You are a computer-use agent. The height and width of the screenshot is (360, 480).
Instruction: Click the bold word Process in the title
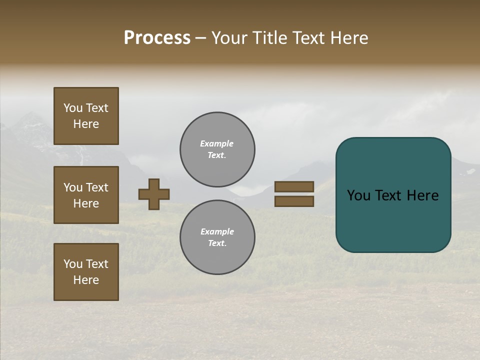[157, 38]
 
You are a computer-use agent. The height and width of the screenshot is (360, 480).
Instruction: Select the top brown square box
[86, 116]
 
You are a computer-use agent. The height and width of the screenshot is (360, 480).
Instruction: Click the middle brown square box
[86, 195]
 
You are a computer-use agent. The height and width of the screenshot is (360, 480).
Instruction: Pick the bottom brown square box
[86, 272]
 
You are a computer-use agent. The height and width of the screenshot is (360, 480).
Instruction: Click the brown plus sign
[154, 194]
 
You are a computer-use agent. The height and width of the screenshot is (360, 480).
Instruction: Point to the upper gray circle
[217, 149]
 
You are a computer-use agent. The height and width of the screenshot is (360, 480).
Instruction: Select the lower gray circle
[217, 237]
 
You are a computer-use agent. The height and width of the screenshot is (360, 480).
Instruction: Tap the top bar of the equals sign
[294, 186]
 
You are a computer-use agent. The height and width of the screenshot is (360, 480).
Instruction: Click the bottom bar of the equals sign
[294, 201]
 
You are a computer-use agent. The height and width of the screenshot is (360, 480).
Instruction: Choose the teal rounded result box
[393, 195]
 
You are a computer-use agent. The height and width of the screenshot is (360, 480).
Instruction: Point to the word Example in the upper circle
[216, 144]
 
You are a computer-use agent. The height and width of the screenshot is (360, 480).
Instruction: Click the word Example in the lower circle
[217, 232]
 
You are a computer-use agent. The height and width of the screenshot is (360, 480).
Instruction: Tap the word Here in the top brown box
[86, 124]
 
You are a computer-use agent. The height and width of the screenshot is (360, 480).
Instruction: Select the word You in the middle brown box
[72, 187]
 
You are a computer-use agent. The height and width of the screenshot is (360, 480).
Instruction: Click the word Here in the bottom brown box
[86, 280]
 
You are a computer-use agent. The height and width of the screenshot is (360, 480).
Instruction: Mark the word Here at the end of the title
[349, 38]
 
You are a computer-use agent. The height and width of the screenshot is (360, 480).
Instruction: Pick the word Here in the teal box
[423, 195]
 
